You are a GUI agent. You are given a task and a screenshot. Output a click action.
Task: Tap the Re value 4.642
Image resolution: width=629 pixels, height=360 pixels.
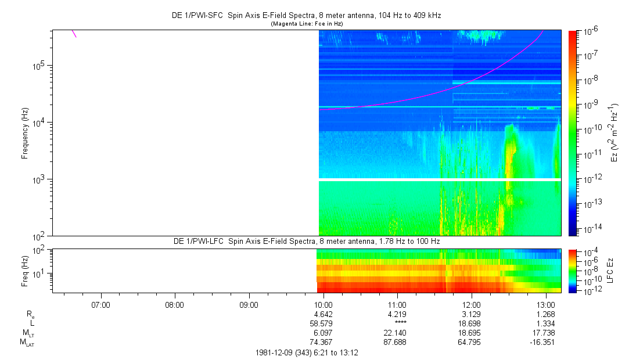pyautogui.click(x=323, y=314)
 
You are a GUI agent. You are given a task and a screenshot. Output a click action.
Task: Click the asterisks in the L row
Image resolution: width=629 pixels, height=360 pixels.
pyautogui.click(x=400, y=323)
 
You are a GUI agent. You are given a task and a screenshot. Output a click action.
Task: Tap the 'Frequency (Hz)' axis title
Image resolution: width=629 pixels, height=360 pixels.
pyautogui.click(x=25, y=133)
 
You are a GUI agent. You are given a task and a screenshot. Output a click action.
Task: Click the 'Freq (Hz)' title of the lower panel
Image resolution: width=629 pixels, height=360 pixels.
pyautogui.click(x=25, y=271)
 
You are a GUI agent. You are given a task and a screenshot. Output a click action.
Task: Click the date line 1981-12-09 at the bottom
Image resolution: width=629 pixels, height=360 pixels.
pyautogui.click(x=306, y=352)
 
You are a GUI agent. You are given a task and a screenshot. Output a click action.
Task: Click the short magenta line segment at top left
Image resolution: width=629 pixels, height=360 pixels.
pyautogui.click(x=74, y=33)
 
